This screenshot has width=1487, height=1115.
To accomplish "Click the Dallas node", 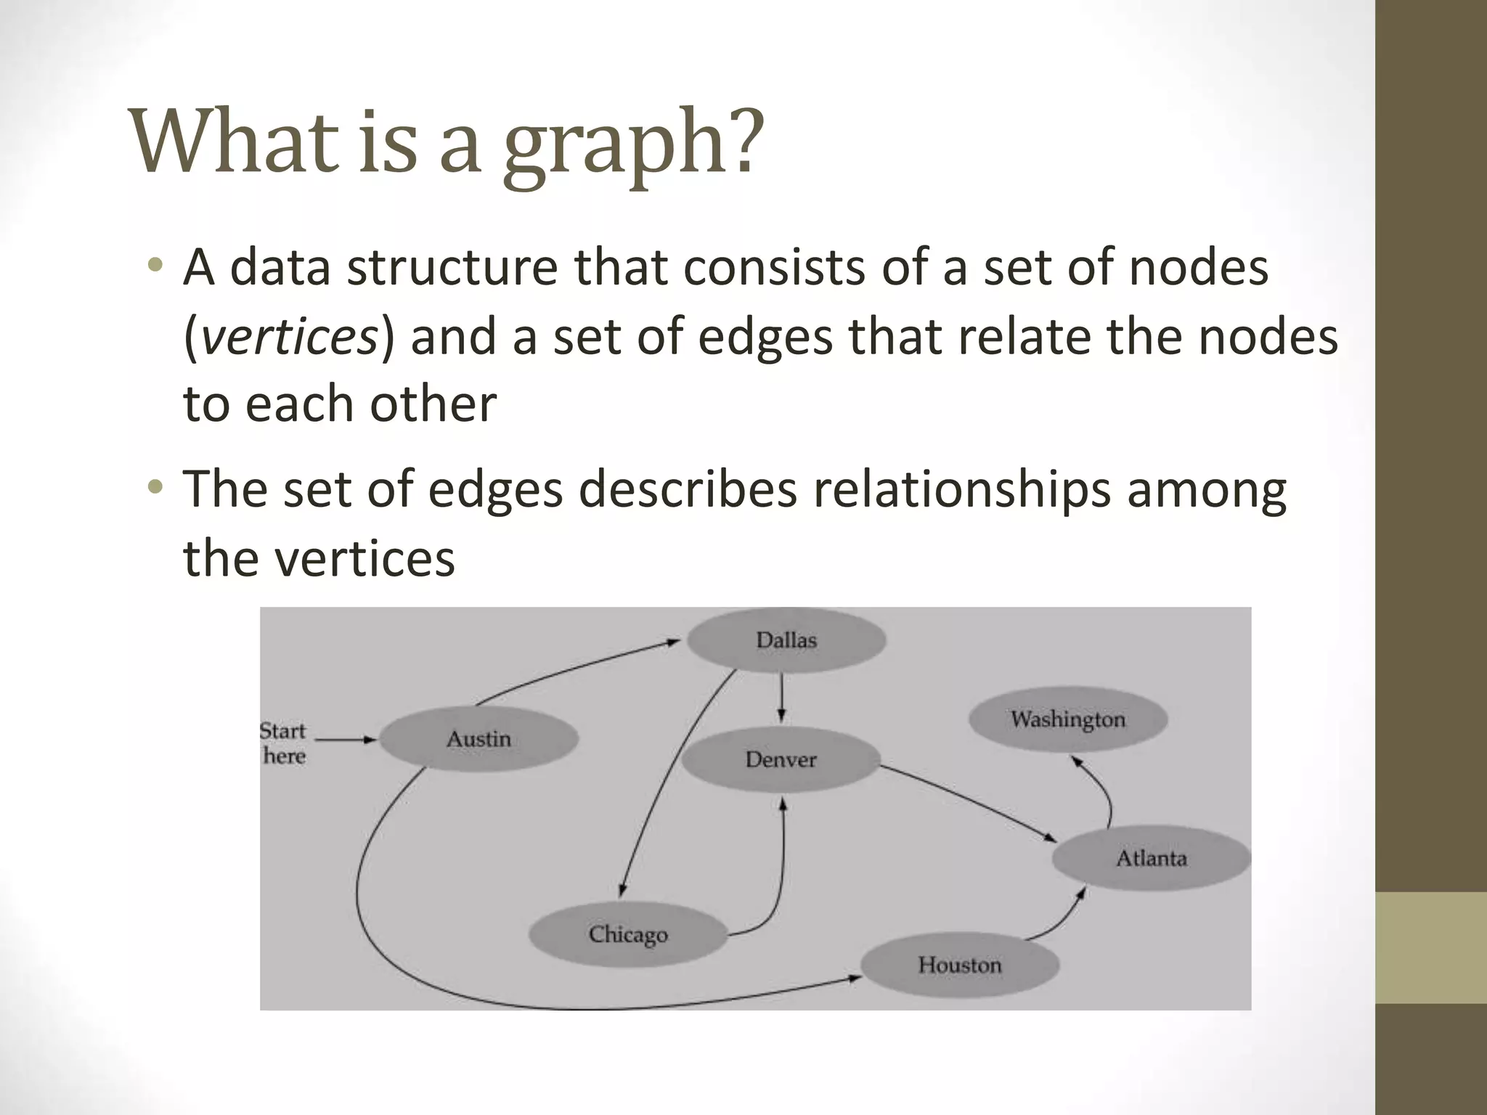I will [x=786, y=640].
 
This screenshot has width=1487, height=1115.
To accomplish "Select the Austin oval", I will [x=478, y=739].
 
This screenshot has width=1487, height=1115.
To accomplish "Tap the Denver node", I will [x=781, y=759].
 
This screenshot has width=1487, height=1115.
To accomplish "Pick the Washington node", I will [x=1068, y=719].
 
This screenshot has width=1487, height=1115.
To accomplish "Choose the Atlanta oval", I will [x=1151, y=858].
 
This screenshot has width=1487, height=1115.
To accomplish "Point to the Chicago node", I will [x=628, y=934].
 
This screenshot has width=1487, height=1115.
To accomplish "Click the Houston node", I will [x=959, y=965].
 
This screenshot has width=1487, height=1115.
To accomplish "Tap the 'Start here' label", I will [x=283, y=743].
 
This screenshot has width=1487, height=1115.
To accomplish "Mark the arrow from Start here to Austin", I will [x=346, y=740].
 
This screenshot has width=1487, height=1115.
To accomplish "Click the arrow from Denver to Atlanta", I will [x=969, y=801].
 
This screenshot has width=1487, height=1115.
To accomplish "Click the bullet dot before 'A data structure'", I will [x=153, y=265].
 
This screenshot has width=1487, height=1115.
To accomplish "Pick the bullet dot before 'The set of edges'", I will [x=153, y=487].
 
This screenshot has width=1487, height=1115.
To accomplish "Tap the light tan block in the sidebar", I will [x=1430, y=947].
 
